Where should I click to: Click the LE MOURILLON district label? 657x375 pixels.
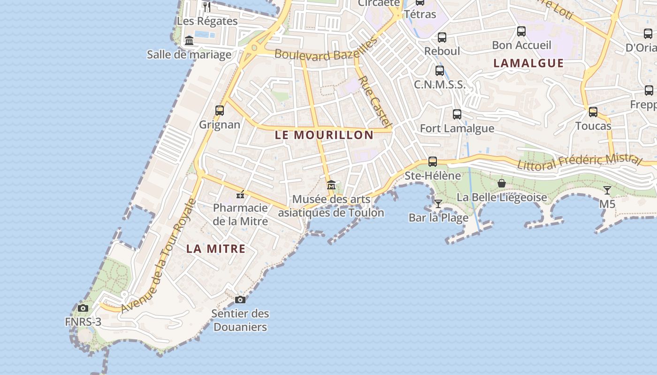pos(324,135)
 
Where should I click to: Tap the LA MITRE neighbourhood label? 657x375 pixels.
pos(216,248)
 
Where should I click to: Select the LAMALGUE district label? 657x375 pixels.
pos(528,63)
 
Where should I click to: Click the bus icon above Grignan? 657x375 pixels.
pos(220,111)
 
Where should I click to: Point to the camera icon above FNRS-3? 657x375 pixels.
pos(83,308)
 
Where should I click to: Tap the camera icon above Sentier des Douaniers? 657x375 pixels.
pos(240,300)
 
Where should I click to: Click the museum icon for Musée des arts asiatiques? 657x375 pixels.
pos(331,185)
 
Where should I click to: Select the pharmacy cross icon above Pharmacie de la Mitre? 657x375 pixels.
pos(240,195)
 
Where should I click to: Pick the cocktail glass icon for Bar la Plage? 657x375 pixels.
pos(438,203)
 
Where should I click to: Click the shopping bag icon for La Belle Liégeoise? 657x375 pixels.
pos(502,183)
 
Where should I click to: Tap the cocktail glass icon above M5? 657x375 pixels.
pos(607,190)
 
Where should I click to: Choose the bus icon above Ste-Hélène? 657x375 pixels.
pos(433,162)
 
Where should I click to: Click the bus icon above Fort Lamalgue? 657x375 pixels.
pos(457,114)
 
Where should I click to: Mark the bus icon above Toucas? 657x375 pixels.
pos(593,112)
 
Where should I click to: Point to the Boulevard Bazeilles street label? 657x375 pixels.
pos(326,50)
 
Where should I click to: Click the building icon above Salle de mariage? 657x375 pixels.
pos(189,41)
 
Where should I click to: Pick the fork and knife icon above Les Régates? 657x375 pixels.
pos(207,7)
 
